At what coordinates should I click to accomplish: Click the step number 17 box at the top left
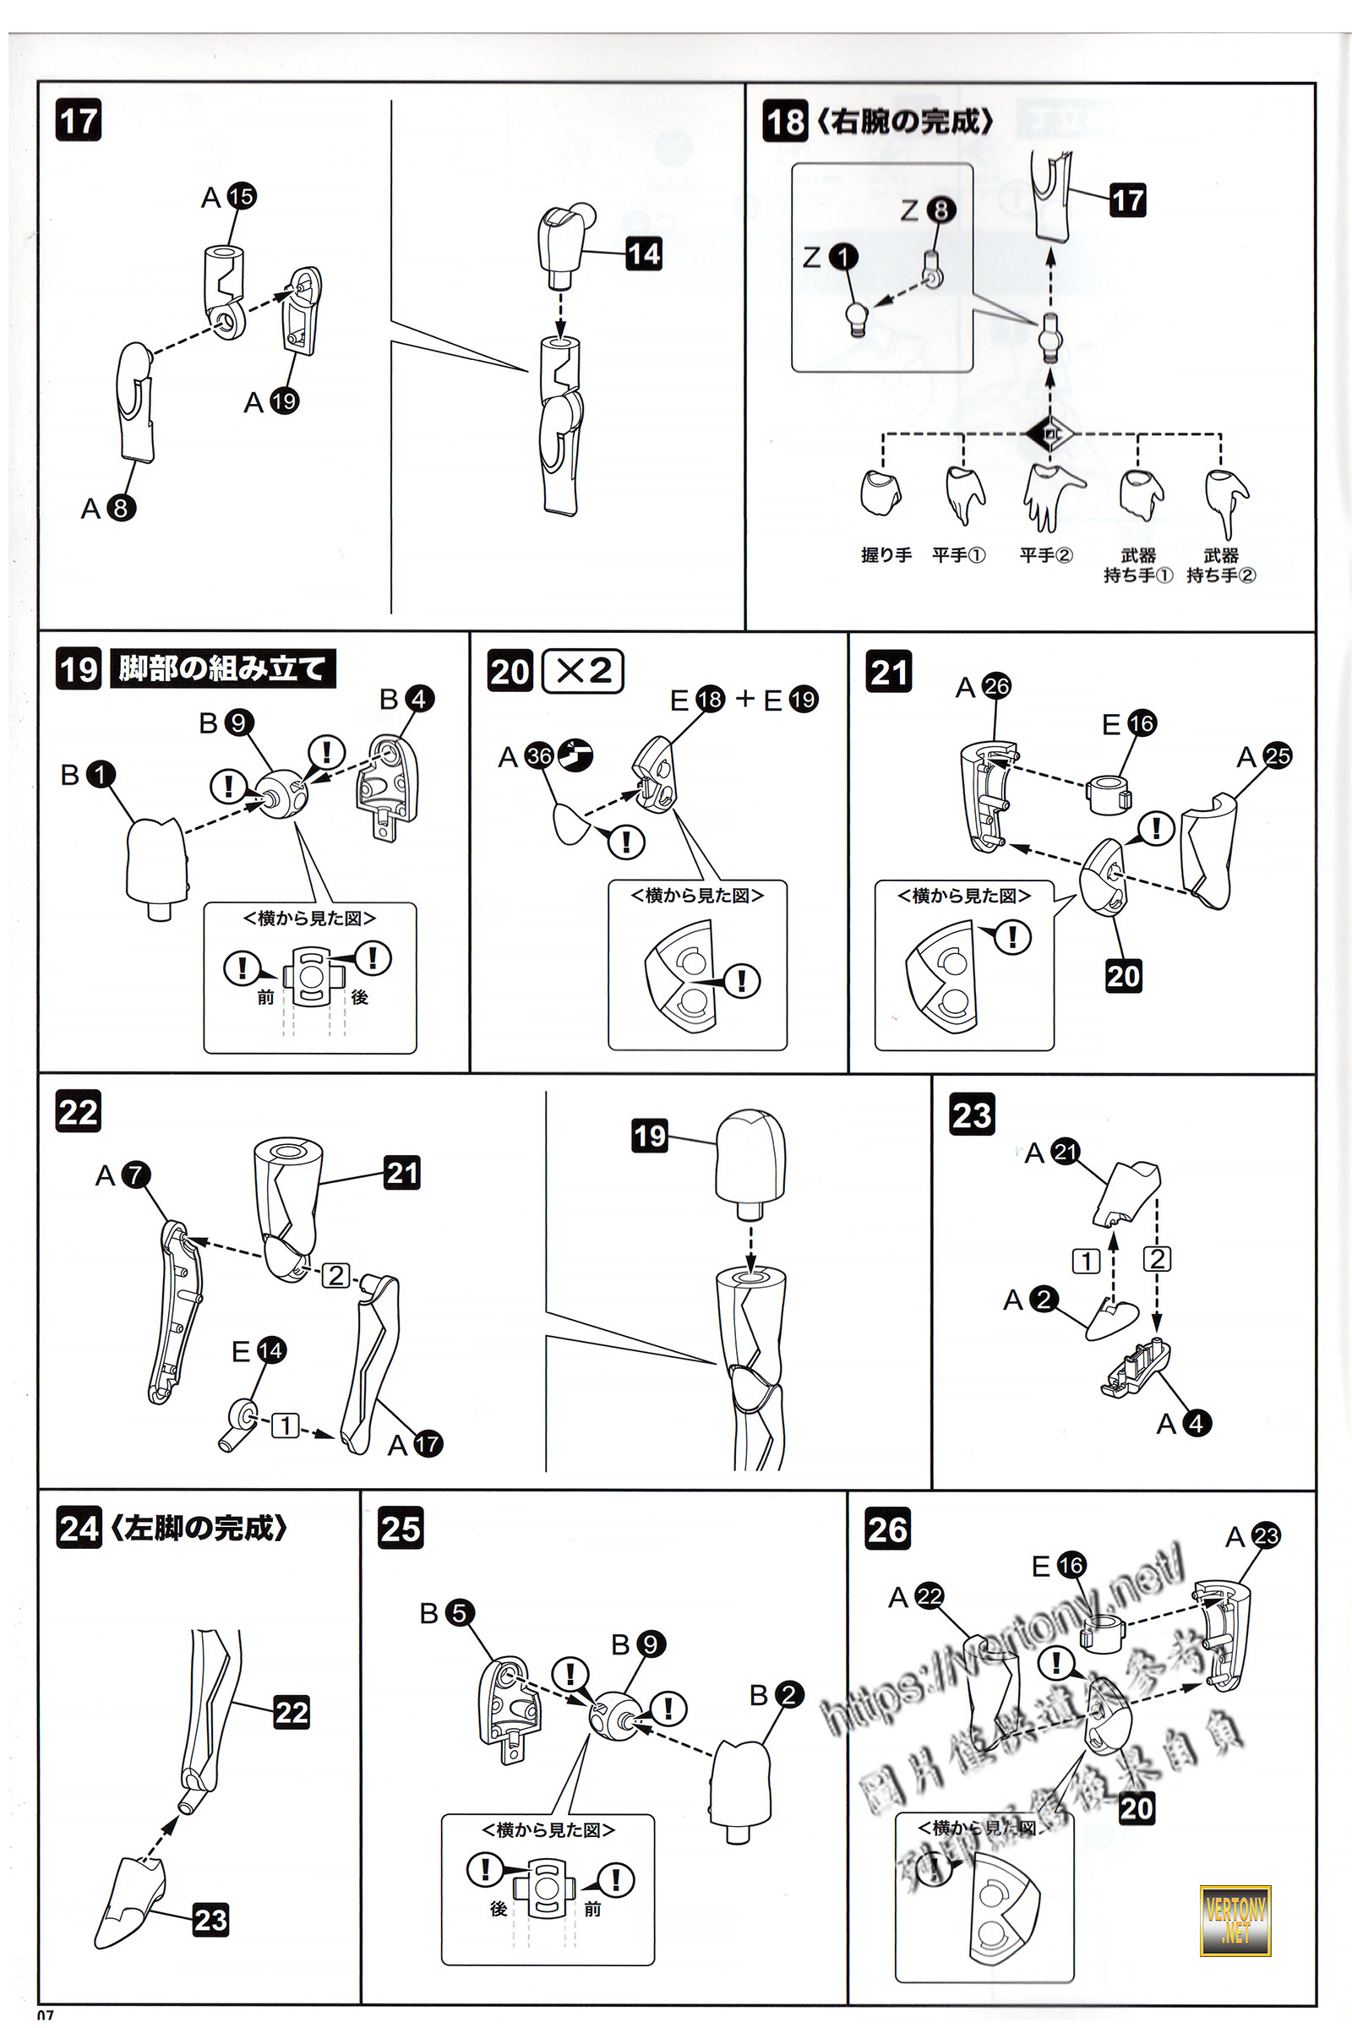tap(79, 120)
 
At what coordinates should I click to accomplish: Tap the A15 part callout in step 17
tap(228, 197)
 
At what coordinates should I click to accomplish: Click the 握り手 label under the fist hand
tap(886, 555)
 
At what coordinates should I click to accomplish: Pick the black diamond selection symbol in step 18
tap(1049, 433)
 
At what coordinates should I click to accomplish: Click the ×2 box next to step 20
tap(583, 671)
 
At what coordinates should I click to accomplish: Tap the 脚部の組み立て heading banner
tap(222, 669)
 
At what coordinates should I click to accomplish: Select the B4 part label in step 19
tap(407, 699)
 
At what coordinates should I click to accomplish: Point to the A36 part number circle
tap(539, 756)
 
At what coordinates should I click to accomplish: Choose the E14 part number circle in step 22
tap(270, 1350)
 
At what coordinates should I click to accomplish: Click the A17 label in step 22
tap(415, 1444)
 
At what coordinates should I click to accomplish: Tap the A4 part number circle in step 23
tap(1196, 1424)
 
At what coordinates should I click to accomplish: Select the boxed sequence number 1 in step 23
tap(1087, 1261)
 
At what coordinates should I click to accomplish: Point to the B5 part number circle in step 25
tap(460, 1612)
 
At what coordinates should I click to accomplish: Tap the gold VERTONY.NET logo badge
tap(1235, 1920)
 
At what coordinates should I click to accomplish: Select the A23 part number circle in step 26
tap(1266, 1535)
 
